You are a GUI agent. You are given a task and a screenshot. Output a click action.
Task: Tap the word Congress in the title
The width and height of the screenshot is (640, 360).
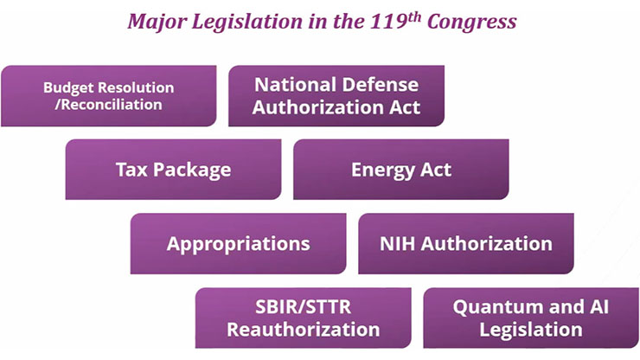472,22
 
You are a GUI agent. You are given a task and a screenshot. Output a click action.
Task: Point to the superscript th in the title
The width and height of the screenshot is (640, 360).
414,16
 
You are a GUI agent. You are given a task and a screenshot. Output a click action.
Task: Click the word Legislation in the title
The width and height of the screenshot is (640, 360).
247,22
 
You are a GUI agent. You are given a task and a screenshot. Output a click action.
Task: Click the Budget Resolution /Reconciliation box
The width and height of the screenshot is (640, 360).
109,96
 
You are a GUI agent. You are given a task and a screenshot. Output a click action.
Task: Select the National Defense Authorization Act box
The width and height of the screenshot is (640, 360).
336,96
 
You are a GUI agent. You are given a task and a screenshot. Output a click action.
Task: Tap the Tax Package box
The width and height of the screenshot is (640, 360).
173,169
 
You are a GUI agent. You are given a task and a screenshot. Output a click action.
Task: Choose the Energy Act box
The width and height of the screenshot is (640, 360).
400,169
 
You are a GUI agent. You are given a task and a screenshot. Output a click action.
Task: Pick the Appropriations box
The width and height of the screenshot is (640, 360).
239,243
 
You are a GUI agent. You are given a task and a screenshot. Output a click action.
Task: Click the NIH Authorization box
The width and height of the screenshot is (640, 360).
466,243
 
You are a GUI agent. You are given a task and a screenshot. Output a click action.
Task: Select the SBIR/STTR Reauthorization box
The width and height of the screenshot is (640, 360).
304,318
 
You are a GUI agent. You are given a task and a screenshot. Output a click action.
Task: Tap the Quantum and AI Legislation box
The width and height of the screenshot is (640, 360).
531,318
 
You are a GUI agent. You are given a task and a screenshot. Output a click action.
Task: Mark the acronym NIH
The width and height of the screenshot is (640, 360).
398,243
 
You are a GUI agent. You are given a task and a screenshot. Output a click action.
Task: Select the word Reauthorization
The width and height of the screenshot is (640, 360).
304,330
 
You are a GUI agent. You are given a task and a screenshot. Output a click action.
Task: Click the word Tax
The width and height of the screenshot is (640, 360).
131,170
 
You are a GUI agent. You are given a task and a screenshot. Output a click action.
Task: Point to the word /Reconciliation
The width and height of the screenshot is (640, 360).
109,105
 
